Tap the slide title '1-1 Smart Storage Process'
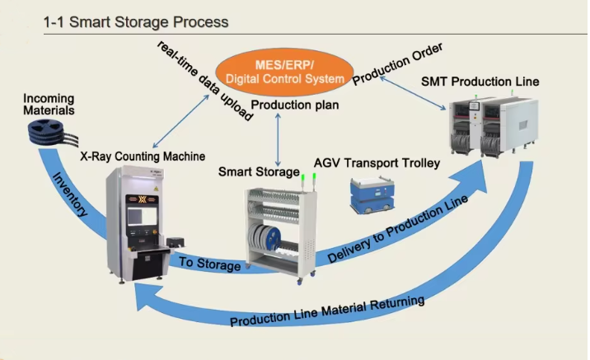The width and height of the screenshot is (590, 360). tap(136, 22)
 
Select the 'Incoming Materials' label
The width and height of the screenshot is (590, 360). tap(49, 104)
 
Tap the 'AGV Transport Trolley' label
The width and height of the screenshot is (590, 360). tap(377, 163)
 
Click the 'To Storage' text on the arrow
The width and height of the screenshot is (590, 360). tap(210, 265)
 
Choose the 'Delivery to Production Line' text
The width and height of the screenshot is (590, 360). tap(397, 230)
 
